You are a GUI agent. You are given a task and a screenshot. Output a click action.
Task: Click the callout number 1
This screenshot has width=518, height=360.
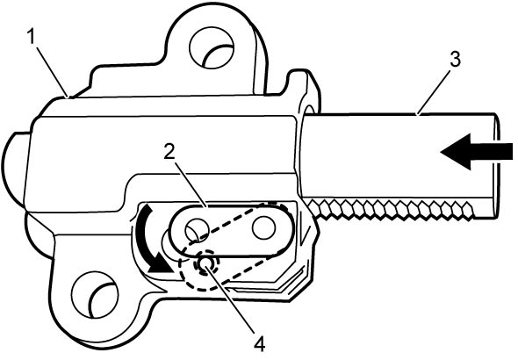pos(31,36)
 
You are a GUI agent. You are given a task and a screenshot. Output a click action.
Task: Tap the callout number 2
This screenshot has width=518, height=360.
pos(169,152)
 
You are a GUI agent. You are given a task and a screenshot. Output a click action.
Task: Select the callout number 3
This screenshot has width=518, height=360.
pos(455,60)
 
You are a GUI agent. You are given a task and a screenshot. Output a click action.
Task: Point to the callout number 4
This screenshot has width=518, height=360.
pos(259,344)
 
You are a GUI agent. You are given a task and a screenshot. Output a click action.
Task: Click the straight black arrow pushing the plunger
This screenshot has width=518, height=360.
pos(477,152)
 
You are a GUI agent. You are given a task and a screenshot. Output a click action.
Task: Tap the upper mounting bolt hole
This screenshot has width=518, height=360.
pos(212,47)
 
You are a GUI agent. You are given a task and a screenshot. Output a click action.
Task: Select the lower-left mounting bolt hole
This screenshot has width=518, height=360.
pos(95,295)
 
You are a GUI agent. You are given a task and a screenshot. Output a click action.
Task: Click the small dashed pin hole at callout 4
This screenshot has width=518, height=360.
pos(206,263)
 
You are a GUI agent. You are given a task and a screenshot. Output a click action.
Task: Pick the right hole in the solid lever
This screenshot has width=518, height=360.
pos(263,228)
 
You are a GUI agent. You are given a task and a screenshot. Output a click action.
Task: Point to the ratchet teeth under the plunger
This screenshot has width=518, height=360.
pos(391,209)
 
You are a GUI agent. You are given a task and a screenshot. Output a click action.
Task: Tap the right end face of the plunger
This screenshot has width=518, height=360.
pos(497,165)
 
